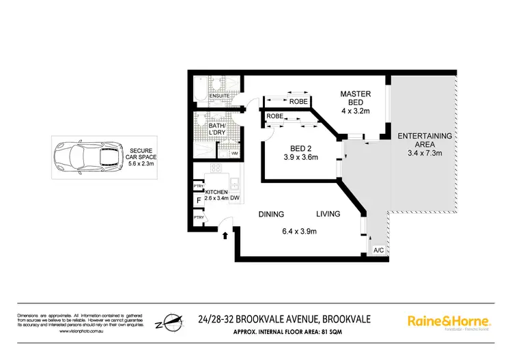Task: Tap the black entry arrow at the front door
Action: [x=226, y=236]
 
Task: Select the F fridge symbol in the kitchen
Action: [x=199, y=201]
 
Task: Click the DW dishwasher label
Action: [x=234, y=199]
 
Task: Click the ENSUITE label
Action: [x=220, y=96]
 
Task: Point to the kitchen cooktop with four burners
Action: [x=217, y=169]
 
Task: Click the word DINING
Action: [x=271, y=214]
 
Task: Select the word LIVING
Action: [x=328, y=214]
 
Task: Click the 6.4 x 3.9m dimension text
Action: [x=300, y=232]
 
